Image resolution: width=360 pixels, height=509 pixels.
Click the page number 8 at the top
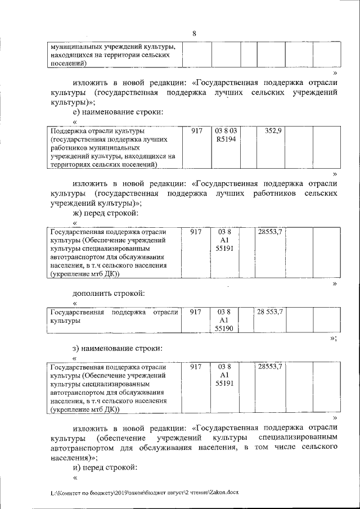[194, 33]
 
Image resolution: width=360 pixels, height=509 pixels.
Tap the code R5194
[226, 139]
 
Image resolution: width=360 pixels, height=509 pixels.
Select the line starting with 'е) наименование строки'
[118, 112]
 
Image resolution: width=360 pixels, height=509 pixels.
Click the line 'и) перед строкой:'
[105, 467]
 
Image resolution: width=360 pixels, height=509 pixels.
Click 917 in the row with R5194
[196, 130]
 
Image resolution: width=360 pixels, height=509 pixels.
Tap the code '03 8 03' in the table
[226, 130]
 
